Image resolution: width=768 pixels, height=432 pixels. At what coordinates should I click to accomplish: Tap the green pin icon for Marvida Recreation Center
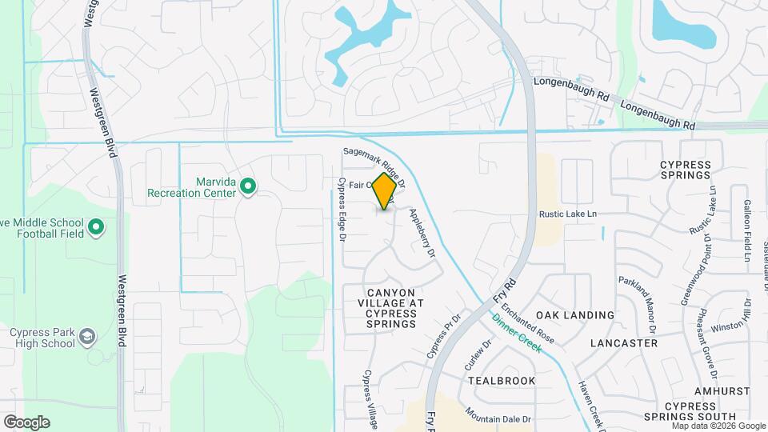(248, 187)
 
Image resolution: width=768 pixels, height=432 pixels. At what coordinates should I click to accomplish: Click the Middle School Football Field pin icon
(96, 228)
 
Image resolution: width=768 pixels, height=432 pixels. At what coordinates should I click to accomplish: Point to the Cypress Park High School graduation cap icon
(86, 338)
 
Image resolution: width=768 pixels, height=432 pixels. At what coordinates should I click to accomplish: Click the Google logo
(26, 422)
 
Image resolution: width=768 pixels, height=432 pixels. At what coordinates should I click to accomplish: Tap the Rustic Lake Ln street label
(569, 214)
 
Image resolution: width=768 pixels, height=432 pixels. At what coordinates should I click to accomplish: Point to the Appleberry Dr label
(421, 233)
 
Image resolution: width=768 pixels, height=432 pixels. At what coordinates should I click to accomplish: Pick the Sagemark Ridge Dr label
(374, 163)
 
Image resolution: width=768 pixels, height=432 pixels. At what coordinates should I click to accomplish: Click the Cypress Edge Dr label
(342, 211)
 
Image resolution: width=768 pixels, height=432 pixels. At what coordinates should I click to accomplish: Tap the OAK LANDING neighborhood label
(575, 315)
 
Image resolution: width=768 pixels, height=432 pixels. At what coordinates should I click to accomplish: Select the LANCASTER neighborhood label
(623, 342)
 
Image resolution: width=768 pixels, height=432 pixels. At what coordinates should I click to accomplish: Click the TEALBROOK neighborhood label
(502, 380)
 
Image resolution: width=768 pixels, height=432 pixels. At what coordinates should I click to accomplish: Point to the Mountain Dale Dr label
(498, 418)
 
